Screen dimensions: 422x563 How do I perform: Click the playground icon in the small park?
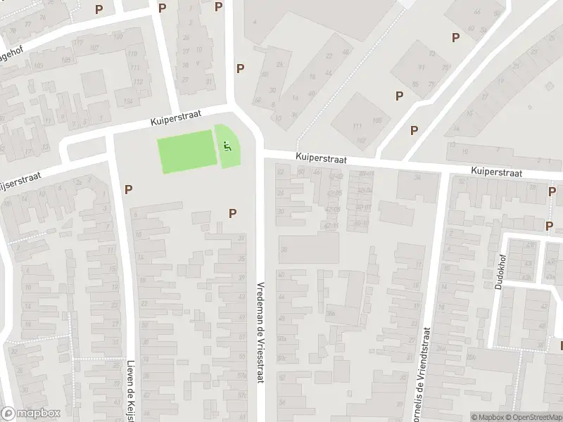pos(226,146)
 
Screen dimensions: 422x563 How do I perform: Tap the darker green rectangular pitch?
pos(185,151)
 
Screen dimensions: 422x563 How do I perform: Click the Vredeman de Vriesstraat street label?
pos(260,329)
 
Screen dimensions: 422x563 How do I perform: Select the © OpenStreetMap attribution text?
pos(533,417)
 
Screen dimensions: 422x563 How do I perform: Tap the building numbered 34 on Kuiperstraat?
pos(417,177)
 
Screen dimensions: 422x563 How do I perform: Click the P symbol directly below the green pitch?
pos(232,213)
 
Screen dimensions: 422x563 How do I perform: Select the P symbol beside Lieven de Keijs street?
pos(128,188)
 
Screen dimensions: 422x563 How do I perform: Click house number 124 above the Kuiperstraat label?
pos(128,101)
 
